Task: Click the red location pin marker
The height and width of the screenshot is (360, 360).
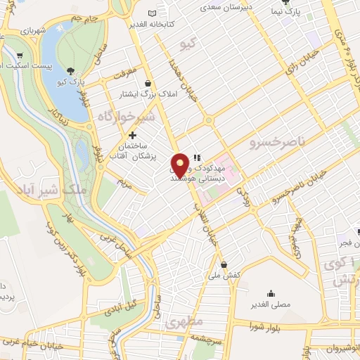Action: [180, 164]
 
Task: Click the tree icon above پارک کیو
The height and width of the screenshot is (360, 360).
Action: [72, 70]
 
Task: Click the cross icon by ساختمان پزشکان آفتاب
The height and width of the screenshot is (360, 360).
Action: [132, 134]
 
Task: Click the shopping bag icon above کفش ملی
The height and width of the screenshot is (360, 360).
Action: [224, 265]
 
